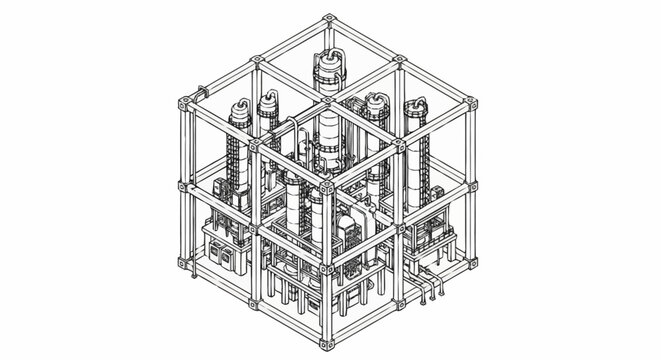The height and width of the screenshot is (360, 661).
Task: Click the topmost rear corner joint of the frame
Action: (x=329, y=19)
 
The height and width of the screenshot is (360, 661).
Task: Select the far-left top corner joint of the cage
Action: (x=183, y=102)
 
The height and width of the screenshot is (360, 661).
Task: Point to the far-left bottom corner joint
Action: (x=183, y=265)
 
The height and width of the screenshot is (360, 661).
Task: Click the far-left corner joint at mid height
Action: (x=183, y=184)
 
